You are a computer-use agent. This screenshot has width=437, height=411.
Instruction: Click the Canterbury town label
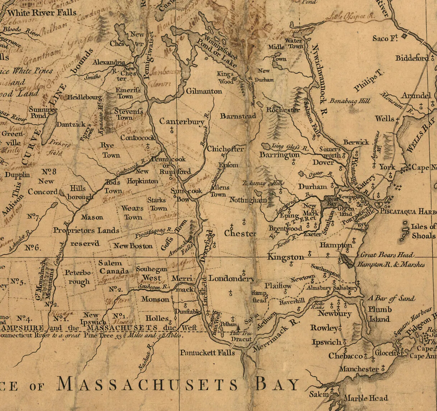click(x=182, y=121)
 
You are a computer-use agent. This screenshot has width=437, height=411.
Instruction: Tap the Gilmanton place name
click(x=204, y=91)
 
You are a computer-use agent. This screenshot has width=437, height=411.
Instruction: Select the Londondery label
click(x=231, y=278)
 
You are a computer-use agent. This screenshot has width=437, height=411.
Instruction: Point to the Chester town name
click(x=240, y=233)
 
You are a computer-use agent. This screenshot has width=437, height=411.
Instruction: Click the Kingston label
click(x=286, y=257)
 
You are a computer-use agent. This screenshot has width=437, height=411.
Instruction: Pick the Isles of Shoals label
click(x=423, y=231)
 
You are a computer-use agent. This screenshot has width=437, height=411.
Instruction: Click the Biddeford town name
click(x=412, y=58)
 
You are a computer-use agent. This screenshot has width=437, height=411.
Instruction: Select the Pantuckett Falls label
click(x=207, y=352)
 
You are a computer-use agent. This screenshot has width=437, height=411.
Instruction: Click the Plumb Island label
click(x=379, y=314)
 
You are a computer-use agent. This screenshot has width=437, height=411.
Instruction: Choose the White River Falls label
click(x=42, y=13)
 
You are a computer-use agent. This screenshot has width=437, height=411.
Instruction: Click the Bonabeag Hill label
click(x=350, y=101)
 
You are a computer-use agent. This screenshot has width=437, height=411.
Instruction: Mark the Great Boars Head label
click(x=387, y=255)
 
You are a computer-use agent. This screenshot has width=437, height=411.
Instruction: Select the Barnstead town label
click(x=238, y=116)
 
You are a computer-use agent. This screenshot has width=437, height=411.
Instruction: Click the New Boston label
click(x=133, y=246)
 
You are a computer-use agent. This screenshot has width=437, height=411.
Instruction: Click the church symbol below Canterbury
click(x=172, y=130)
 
